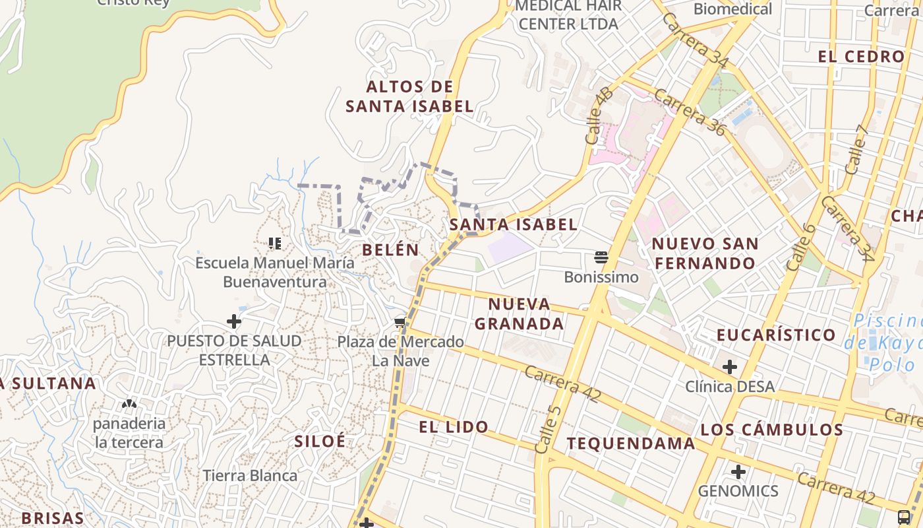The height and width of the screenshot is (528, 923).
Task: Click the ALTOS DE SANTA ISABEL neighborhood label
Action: click(409, 96)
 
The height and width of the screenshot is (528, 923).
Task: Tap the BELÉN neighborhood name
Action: click(390, 249)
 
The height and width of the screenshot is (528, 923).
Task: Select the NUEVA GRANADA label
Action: click(520, 313)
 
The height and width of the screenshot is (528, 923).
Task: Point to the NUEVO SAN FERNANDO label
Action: click(705, 253)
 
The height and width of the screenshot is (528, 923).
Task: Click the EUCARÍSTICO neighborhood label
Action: click(776, 335)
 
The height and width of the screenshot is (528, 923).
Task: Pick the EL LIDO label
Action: click(454, 427)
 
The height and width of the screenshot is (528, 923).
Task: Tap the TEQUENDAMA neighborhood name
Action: click(631, 444)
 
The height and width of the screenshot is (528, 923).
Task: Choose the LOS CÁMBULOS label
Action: click(771, 430)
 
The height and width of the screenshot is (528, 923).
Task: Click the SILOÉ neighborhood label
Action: click(320, 442)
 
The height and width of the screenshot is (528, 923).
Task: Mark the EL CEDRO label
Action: click(861, 57)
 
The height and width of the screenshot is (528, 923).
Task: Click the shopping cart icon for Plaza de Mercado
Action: click(400, 323)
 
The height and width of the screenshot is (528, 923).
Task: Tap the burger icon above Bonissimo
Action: click(601, 257)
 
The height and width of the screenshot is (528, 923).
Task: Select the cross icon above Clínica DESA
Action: click(729, 367)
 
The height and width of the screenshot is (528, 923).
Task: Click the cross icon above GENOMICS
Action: click(738, 472)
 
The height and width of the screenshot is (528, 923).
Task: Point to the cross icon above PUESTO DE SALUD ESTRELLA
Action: click(233, 322)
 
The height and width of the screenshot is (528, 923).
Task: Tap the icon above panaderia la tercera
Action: click(129, 403)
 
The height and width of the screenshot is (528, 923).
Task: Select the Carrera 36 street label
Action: click(690, 114)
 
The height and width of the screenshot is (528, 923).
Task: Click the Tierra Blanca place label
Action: click(250, 475)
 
